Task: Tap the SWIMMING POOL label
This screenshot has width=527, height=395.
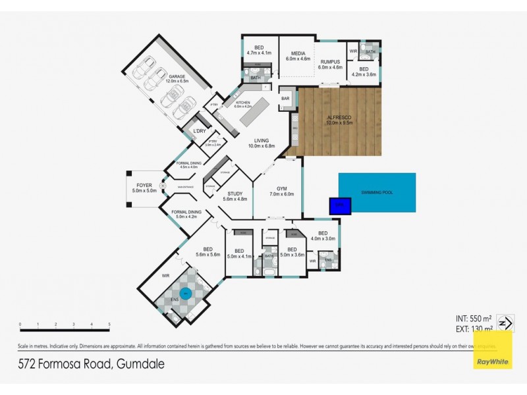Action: click(377, 192)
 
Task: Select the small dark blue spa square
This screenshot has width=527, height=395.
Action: click(341, 206)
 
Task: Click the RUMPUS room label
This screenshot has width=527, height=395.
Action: click(330, 65)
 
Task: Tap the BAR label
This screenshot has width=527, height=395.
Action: click(285, 99)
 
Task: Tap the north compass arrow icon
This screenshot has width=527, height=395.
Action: click(505, 323)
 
